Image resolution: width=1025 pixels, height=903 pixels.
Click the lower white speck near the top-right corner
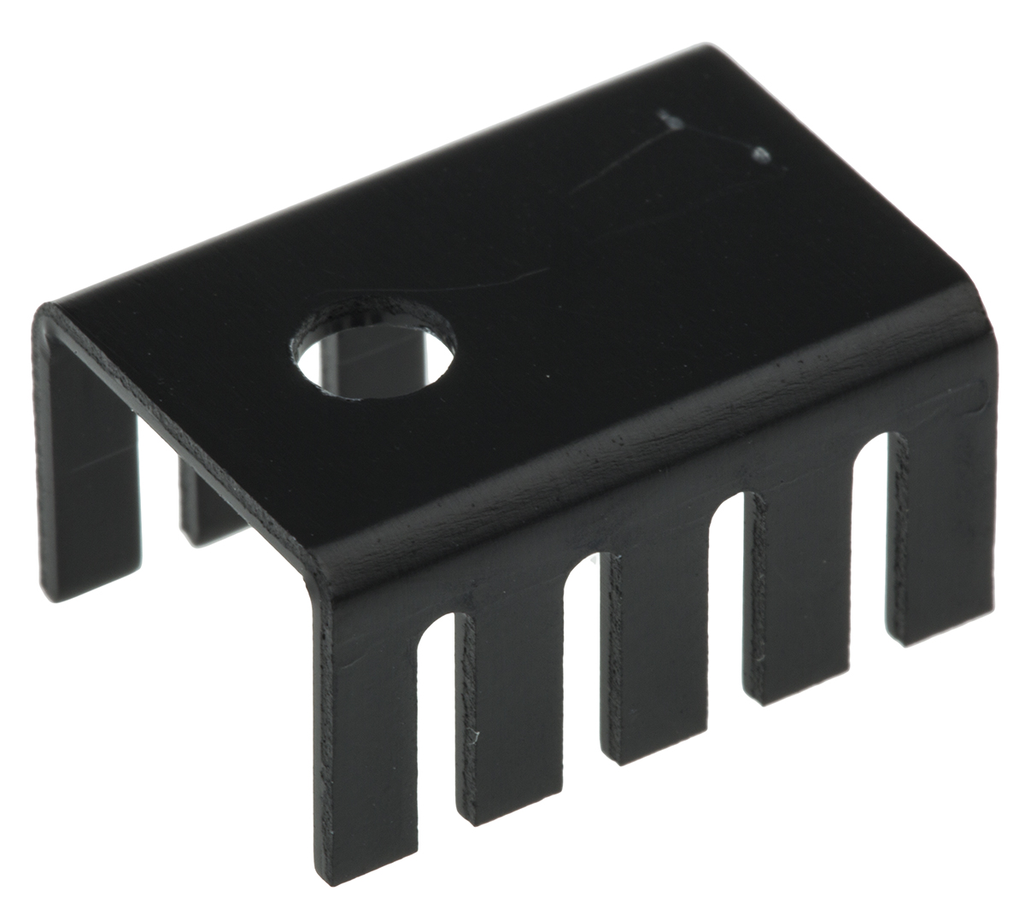click(x=759, y=155)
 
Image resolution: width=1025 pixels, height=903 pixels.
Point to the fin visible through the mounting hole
click(x=342, y=367)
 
